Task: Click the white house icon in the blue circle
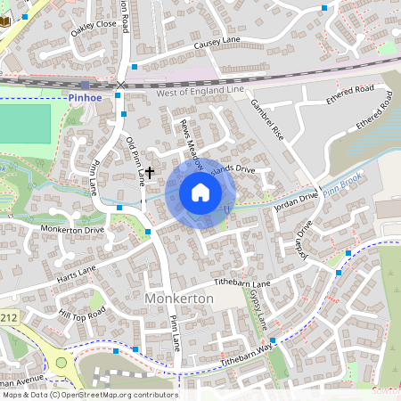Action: (x=200, y=192)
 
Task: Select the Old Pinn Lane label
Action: (x=136, y=161)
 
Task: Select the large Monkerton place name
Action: (x=178, y=299)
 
